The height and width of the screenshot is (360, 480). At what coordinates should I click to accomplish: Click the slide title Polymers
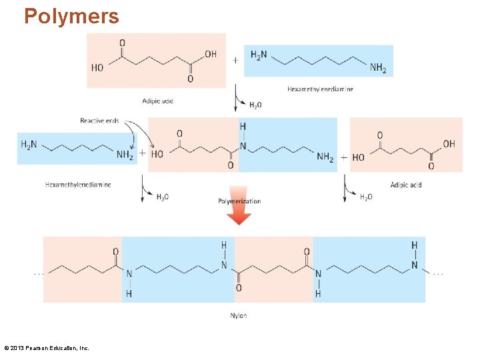point(71,16)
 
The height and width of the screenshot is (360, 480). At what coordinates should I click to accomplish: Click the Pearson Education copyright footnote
point(47,348)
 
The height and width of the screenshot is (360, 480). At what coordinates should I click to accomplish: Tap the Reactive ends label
point(99,121)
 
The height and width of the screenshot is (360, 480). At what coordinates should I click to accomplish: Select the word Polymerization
point(239,201)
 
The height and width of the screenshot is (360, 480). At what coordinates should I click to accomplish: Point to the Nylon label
point(238,315)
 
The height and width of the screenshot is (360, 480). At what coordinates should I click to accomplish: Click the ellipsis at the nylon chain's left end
point(39,273)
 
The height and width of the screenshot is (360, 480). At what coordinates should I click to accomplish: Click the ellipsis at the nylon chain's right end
point(438,273)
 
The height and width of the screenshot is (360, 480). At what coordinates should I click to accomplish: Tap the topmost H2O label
point(255,105)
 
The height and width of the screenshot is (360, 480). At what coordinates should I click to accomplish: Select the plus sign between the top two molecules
point(235,60)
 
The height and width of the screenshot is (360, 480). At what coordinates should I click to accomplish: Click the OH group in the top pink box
point(210,54)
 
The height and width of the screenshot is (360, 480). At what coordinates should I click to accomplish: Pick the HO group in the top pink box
point(97,68)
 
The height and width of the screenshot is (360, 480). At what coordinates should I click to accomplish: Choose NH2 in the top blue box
point(378,68)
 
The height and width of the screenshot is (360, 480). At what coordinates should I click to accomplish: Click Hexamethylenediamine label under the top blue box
point(320,89)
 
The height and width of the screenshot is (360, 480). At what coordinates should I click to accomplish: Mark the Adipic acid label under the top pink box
point(157,101)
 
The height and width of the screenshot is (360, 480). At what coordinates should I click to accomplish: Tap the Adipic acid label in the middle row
point(406,185)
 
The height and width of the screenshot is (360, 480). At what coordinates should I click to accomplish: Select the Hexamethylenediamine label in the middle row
point(78,185)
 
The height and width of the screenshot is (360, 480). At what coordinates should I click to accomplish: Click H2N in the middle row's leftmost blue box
point(29,145)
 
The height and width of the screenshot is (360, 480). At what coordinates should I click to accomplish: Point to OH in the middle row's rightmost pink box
point(449,143)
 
